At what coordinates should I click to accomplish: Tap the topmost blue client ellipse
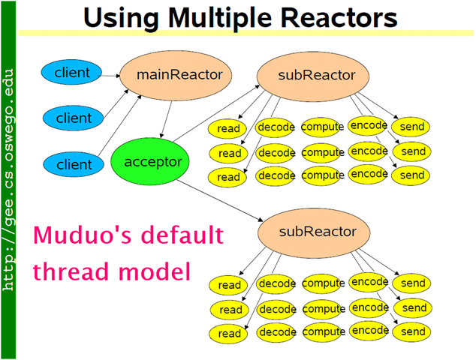click(73, 73)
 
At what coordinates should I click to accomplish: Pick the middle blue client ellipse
click(74, 118)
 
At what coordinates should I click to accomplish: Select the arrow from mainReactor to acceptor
click(170, 115)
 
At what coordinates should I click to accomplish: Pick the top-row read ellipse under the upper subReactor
click(229, 128)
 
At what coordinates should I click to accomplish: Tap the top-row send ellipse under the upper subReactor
click(412, 127)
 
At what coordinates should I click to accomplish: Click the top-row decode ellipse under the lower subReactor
click(276, 284)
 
